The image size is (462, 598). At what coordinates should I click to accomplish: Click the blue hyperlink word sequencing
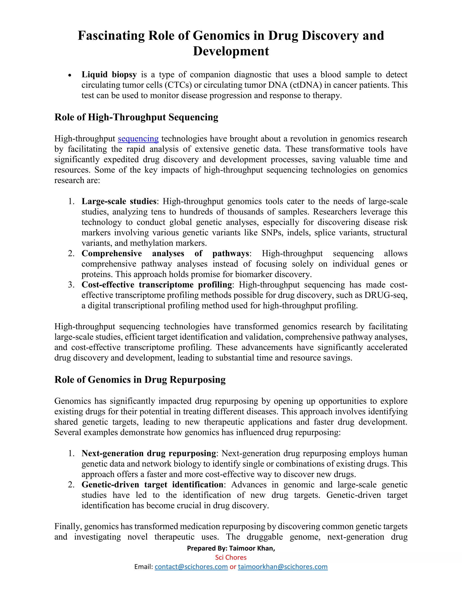(138, 139)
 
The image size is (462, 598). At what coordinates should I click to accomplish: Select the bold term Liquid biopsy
(109, 74)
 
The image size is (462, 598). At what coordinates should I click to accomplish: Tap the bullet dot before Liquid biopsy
(70, 75)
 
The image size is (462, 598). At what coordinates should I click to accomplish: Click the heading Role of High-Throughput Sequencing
(136, 117)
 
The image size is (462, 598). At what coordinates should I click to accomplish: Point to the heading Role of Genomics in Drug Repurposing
(140, 380)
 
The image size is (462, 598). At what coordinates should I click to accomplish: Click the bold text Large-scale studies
(119, 201)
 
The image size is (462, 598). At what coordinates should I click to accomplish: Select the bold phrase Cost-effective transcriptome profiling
(157, 285)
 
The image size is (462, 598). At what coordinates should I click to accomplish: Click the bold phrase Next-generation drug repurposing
(149, 453)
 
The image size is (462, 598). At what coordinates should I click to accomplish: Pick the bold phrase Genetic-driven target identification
(152, 485)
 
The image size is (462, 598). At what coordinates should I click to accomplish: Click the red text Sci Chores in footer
(231, 557)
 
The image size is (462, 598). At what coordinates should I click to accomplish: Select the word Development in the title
(231, 51)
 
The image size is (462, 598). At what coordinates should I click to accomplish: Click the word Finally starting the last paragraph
(68, 526)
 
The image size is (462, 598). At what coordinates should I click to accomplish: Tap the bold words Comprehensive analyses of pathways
(165, 254)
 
